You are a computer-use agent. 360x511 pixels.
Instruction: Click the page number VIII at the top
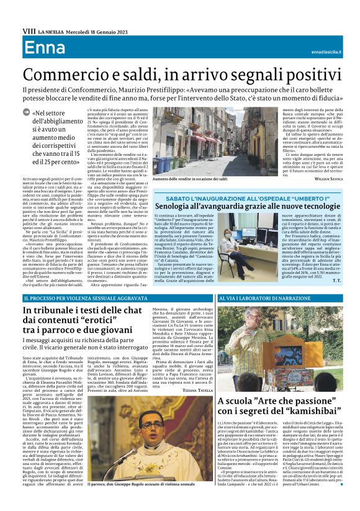[x=29, y=30]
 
